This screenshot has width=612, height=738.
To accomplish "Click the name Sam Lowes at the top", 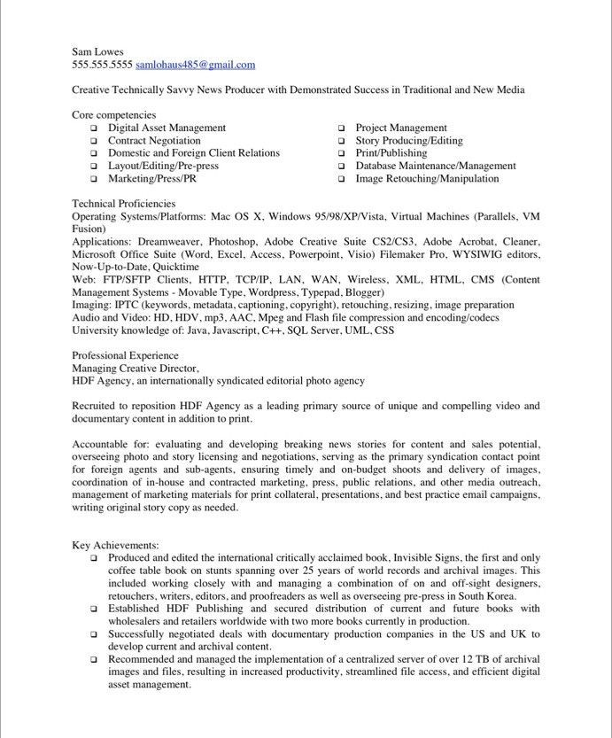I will pos(97,51).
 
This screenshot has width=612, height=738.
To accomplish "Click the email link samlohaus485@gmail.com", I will pos(195,65).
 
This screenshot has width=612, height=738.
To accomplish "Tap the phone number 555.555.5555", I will pos(102,65).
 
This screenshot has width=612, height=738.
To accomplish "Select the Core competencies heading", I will pos(113,115).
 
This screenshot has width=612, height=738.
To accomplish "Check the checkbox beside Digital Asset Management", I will pos(93,128).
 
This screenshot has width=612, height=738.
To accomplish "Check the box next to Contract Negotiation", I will pos(93,141).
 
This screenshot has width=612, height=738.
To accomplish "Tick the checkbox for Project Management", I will pos(341,128).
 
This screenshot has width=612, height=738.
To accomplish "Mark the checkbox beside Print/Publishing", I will pos(341,153).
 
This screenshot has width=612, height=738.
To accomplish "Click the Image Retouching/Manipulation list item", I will pos(427,179).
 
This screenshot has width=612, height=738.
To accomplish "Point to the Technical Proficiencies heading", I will pos(123,204).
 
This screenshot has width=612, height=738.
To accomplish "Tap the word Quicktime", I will pos(176,267).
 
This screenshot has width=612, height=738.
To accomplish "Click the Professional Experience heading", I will pos(125,355).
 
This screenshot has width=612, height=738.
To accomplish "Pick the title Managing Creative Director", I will pos(136,368).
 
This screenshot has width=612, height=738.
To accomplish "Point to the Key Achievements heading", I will pos(115,545).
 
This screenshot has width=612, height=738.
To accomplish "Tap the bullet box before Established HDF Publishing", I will pos(93,610).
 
